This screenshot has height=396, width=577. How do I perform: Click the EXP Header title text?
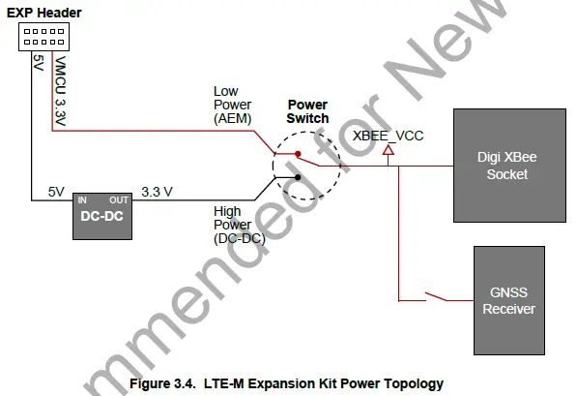click(43, 13)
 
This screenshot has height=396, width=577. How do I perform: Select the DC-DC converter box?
click(101, 218)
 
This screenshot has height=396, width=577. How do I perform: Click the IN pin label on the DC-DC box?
click(82, 199)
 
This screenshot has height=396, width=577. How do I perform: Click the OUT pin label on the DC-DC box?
click(121, 199)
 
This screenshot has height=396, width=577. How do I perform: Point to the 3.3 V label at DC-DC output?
click(157, 192)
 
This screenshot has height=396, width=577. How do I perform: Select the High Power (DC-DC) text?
click(234, 223)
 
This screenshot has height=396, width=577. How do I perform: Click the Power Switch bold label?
click(307, 111)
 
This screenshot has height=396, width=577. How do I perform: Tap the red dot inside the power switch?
click(298, 153)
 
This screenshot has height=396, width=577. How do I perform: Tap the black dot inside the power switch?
click(298, 178)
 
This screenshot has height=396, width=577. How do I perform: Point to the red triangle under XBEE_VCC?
click(388, 152)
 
